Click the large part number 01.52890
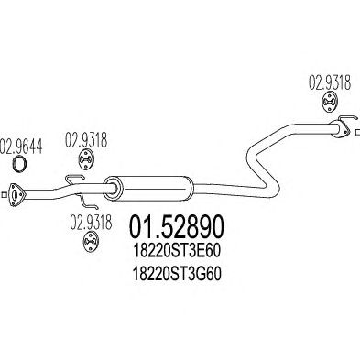click(x=177, y=227)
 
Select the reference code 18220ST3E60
click(x=177, y=252)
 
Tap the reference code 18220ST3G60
click(x=177, y=275)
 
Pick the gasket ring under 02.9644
click(x=20, y=163)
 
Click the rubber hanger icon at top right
click(x=330, y=101)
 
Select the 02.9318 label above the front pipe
click(x=86, y=141)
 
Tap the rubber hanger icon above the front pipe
click(x=86, y=159)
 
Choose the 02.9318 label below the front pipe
click(x=91, y=223)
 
